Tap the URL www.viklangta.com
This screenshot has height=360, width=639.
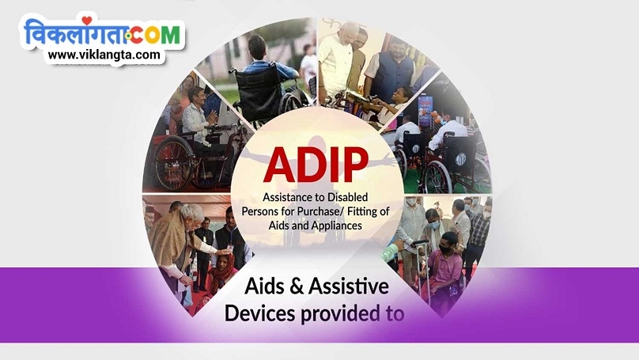click(x=105, y=55)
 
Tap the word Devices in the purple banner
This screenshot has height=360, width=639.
click(x=260, y=313)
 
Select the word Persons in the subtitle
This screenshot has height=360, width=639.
click(x=264, y=211)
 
